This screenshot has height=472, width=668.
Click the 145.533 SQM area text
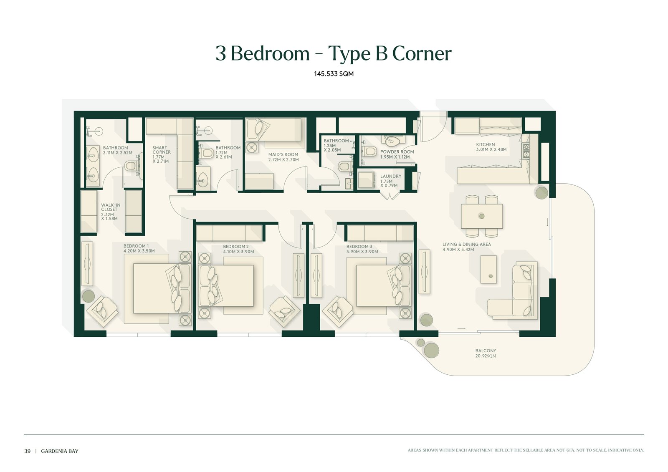click(x=334, y=73)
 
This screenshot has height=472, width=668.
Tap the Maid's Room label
click(x=283, y=157)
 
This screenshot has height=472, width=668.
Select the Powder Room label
click(x=397, y=154)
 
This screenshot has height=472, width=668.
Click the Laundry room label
click(x=391, y=181)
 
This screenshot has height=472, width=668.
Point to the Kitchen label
click(x=491, y=147)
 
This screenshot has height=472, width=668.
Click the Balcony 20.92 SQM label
click(x=486, y=353)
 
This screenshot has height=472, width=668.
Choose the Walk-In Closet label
click(x=110, y=212)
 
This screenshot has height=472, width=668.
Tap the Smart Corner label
click(x=162, y=154)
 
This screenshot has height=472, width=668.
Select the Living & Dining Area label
click(x=467, y=247)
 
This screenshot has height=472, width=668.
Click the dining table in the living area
click(x=482, y=216)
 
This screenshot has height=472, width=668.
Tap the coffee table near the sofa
click(x=488, y=269)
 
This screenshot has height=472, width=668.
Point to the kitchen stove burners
click(x=526, y=151)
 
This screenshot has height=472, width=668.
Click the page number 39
click(x=28, y=451)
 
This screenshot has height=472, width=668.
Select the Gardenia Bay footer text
click(x=60, y=451)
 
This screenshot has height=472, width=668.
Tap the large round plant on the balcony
click(x=432, y=350)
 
